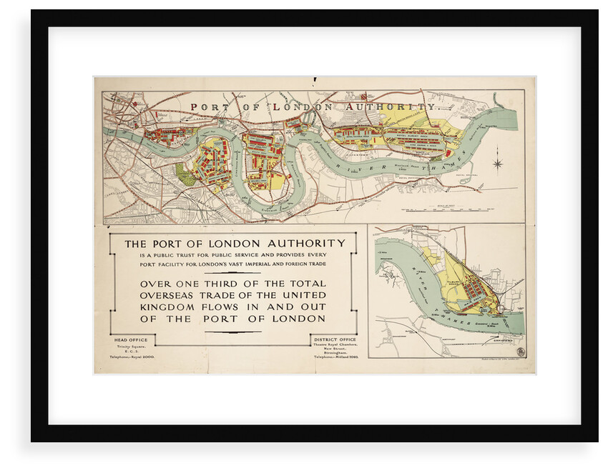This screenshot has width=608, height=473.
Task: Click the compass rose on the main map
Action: click(x=497, y=164)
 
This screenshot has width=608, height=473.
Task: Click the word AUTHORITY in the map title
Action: click(x=391, y=106)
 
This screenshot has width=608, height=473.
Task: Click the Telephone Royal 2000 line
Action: click(x=132, y=355)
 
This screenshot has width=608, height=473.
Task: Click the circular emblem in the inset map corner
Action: click(x=519, y=352)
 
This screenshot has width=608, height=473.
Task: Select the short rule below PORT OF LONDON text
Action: click(x=232, y=332)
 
